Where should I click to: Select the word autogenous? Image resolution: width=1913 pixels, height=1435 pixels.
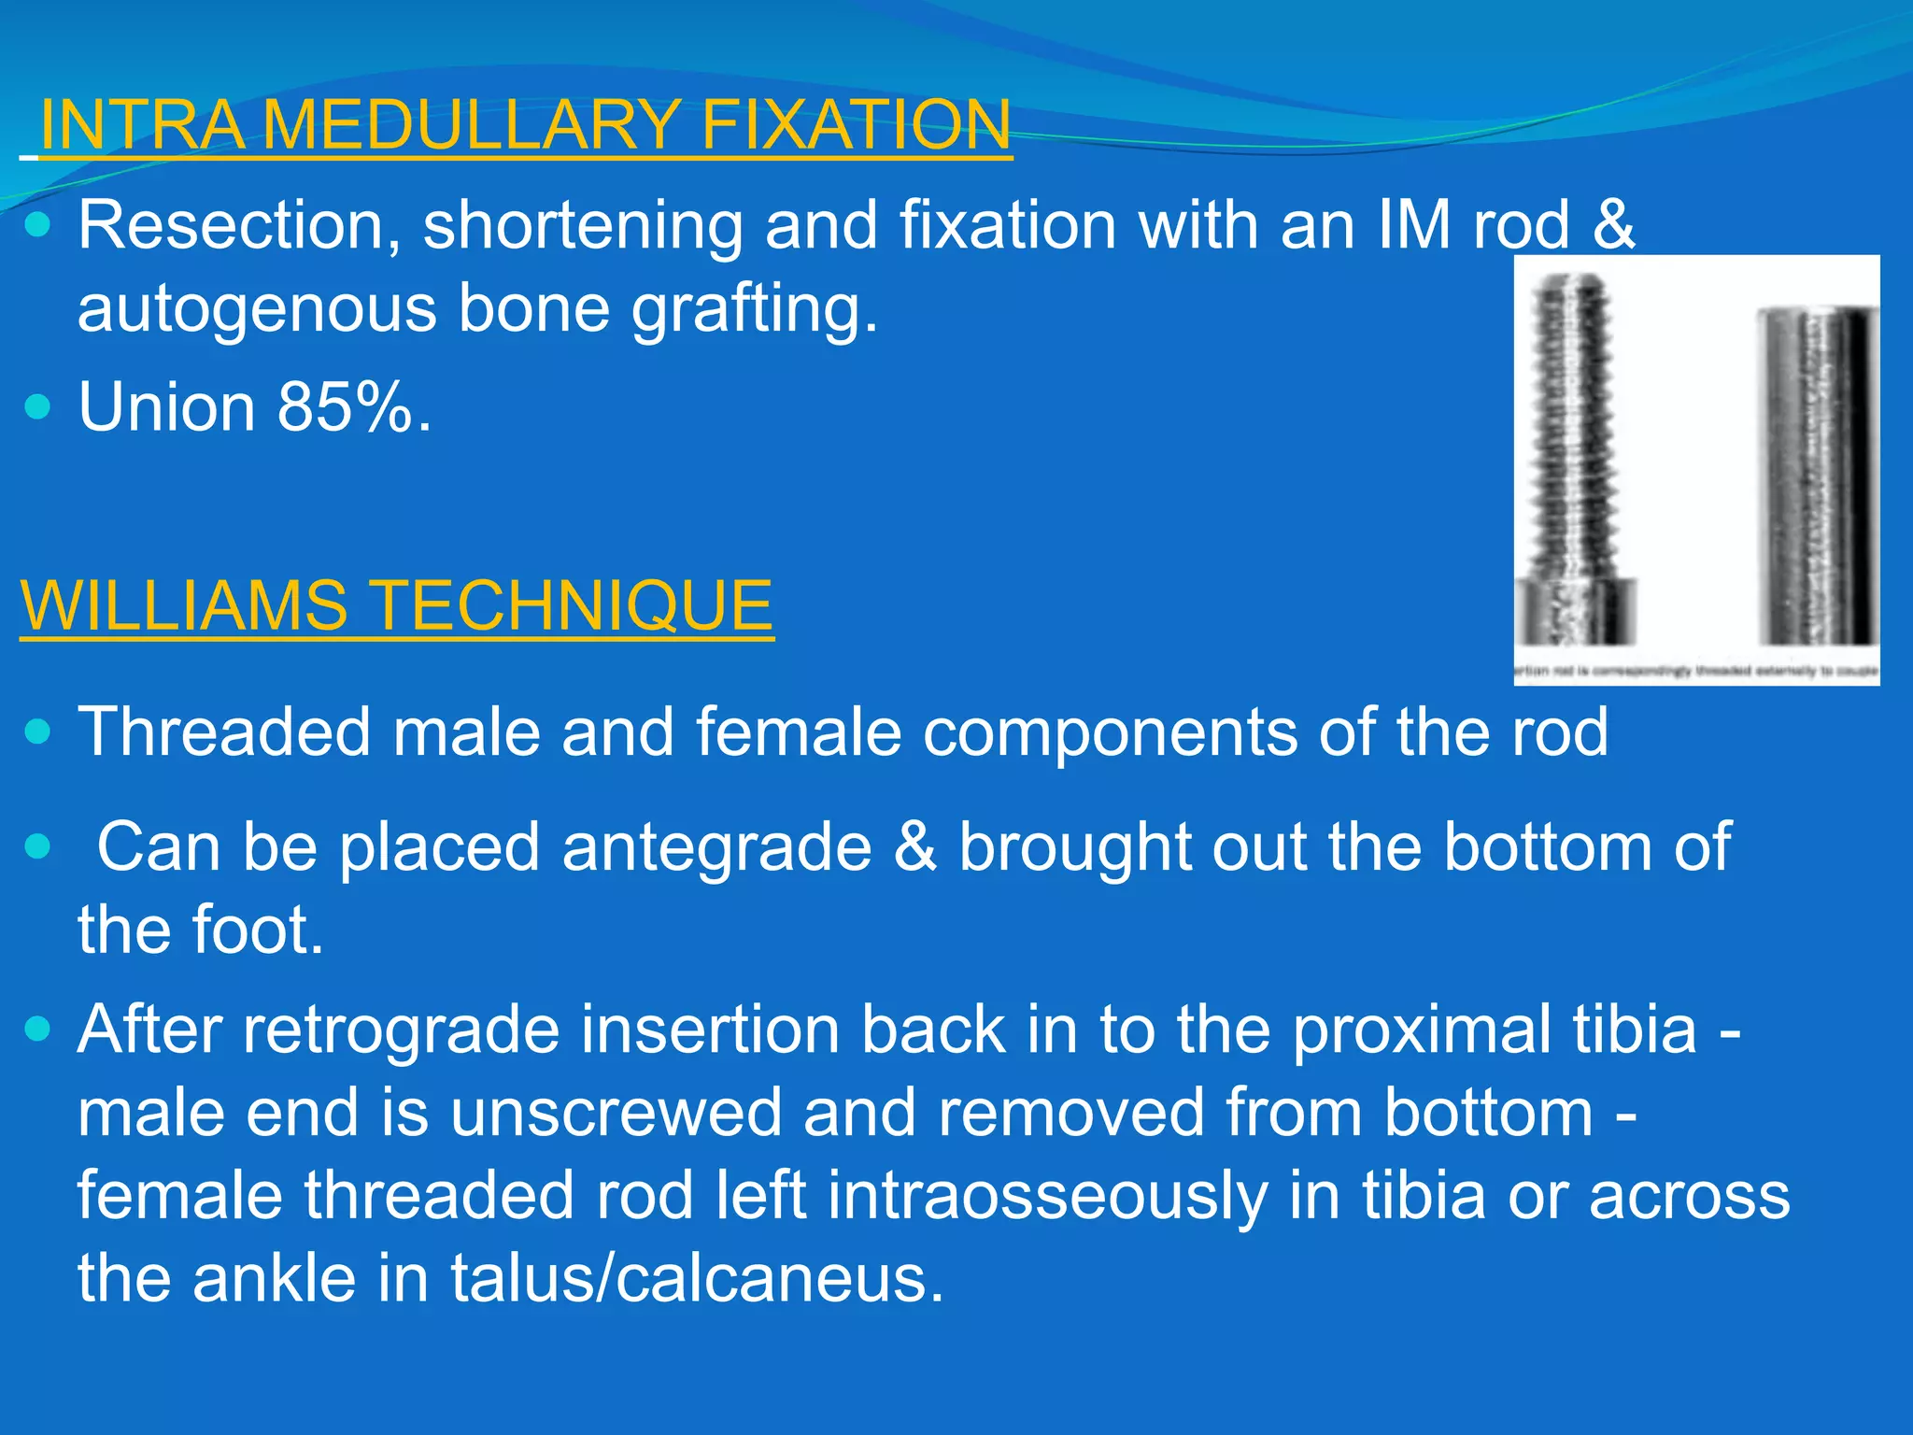(256, 308)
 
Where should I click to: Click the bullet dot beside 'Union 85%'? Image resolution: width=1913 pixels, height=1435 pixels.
(38, 407)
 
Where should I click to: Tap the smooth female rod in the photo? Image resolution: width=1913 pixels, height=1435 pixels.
(1817, 476)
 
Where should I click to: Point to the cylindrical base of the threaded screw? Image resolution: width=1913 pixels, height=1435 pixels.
(1575, 612)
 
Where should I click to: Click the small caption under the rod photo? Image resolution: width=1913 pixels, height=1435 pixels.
(1695, 671)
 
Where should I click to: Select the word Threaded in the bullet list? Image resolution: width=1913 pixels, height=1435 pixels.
(224, 732)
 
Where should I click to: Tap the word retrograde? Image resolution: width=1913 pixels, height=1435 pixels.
(402, 1030)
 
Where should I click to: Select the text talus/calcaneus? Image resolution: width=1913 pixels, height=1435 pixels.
(697, 1279)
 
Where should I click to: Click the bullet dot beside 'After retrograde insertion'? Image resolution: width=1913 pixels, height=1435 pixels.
(38, 1030)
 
